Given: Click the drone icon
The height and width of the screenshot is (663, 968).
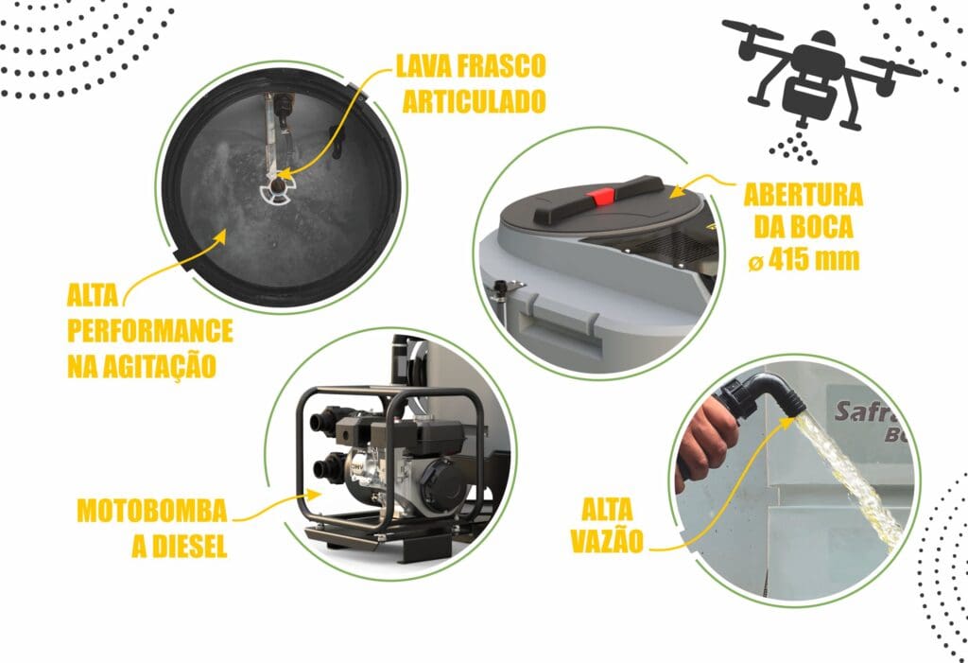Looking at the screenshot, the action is tap(821, 79).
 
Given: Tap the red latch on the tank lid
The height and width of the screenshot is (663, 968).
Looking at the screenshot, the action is tap(600, 197).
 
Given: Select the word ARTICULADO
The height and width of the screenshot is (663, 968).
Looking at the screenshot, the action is tap(475, 101).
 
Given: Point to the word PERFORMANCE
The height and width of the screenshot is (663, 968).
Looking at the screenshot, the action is tap(150, 331).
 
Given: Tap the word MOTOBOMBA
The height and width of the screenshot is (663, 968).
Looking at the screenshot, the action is tap(152, 511).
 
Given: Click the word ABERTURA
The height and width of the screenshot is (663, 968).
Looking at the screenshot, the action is tap(804, 195).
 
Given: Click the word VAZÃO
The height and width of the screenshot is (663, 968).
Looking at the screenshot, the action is tap(607, 541).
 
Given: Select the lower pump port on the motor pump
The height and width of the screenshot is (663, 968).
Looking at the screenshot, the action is tap(326, 467).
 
